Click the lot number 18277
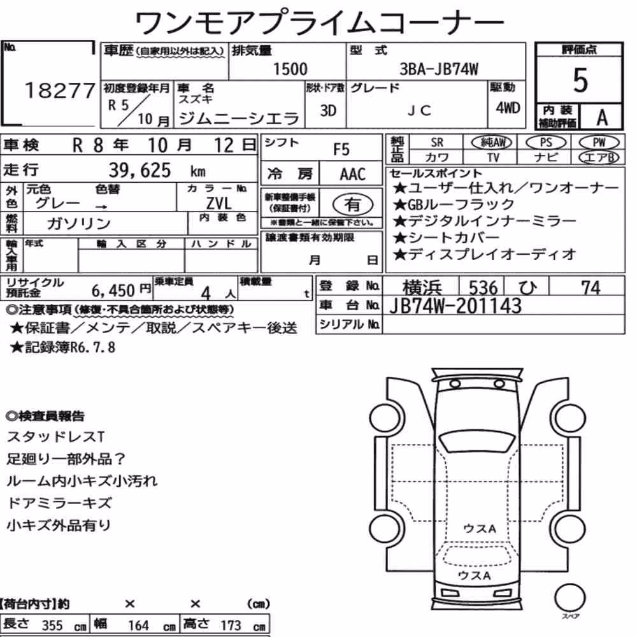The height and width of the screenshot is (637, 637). click(60, 90)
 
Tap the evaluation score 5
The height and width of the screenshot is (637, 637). click(580, 80)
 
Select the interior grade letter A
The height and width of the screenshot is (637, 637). click(602, 118)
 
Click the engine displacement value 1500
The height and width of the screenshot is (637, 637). click(290, 69)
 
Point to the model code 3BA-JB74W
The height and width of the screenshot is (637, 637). click(439, 69)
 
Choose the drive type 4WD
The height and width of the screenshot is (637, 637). click(508, 108)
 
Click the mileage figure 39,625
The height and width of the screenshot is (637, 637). click(140, 170)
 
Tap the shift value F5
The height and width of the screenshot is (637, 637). click(341, 150)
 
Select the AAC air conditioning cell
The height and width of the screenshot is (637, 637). click(353, 175)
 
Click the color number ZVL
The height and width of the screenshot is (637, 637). click(219, 203)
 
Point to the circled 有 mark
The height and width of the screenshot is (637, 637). click(353, 204)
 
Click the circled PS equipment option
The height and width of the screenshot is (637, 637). click(546, 143)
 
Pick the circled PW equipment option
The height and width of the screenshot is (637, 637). click(599, 143)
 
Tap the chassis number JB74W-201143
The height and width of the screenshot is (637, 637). click(455, 306)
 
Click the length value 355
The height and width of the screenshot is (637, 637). click(52, 626)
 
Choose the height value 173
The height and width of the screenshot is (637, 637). click(231, 626)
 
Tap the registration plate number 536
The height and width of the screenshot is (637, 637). click(483, 288)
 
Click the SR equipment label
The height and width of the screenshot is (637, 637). click(437, 143)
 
